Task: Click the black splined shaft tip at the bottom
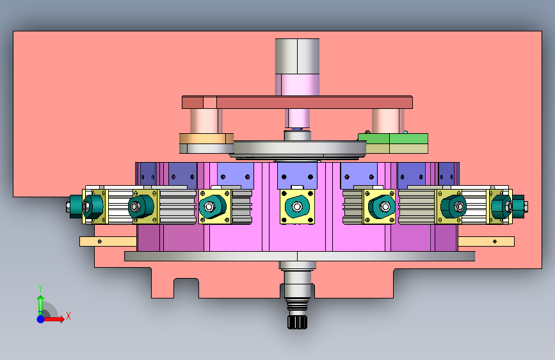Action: pos(297,322)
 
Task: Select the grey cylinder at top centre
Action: pos(297,56)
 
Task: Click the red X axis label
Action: pos(68,316)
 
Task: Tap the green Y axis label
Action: pos(40,288)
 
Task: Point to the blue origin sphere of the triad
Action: pos(41,319)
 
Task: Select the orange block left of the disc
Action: pos(206,138)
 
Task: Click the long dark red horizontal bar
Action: pos(297,102)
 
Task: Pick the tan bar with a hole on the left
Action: pos(108,241)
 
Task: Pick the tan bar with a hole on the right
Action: pos(486,241)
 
